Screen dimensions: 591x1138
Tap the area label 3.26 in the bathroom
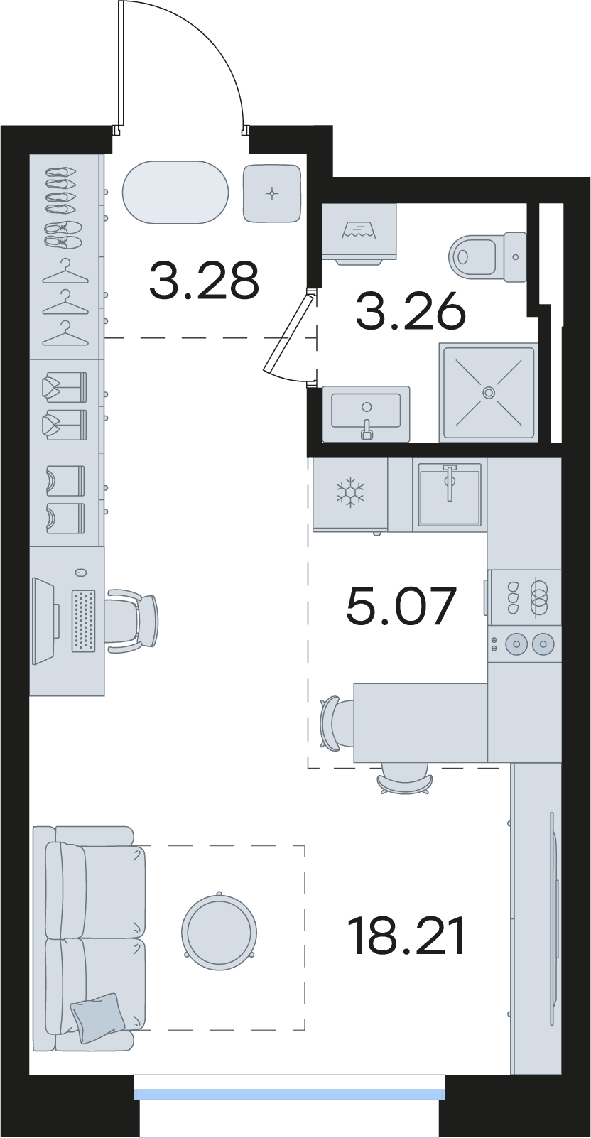click(x=411, y=311)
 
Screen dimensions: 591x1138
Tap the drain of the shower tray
click(x=489, y=391)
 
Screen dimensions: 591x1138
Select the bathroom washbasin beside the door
click(x=366, y=413)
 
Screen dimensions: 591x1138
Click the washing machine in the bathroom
click(x=359, y=233)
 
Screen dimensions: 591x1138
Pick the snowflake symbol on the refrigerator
click(x=350, y=492)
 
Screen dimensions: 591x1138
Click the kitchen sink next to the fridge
click(x=450, y=494)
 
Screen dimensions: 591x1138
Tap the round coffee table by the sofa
click(x=219, y=933)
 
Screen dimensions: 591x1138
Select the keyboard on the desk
click(x=84, y=620)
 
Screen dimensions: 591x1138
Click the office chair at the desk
click(x=133, y=621)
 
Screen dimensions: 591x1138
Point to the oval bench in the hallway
click(x=175, y=192)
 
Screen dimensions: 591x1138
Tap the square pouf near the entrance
click(x=272, y=193)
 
